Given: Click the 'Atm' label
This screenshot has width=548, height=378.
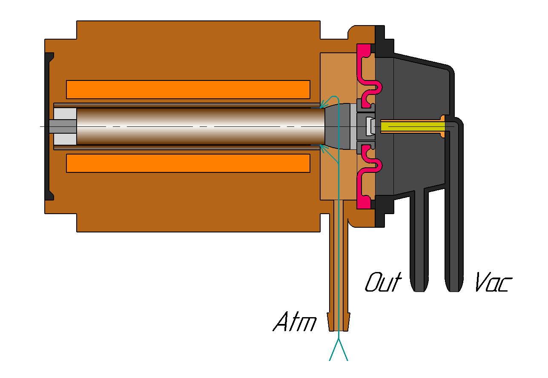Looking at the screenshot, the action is point(295,321).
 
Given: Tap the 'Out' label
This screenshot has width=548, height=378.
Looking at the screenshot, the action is point(383,282).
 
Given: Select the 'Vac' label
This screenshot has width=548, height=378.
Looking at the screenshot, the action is point(493,282).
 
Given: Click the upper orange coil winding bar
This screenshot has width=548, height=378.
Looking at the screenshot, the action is point(188,89).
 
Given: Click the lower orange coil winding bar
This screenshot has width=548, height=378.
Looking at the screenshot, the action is point(188,163).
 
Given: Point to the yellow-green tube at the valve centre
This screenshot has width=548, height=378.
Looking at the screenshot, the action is point(413,126).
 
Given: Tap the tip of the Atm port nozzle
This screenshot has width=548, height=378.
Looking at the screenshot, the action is point(339,331).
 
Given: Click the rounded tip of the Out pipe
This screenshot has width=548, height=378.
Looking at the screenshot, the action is point(419,290).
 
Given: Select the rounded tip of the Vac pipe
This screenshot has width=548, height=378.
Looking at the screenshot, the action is point(454,290).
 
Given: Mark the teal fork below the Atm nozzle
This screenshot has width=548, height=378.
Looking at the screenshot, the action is point(339,349).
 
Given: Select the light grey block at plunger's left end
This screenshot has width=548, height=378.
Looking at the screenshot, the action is point(65,126).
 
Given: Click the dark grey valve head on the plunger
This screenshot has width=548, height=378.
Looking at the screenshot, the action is point(338,126).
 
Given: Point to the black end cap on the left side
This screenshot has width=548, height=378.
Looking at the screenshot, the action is point(49,126).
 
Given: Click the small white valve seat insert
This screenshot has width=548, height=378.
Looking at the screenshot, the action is point(370,126).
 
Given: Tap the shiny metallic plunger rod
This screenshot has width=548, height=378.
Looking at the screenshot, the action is point(201,126).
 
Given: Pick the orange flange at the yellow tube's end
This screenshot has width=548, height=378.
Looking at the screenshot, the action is point(442,126).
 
